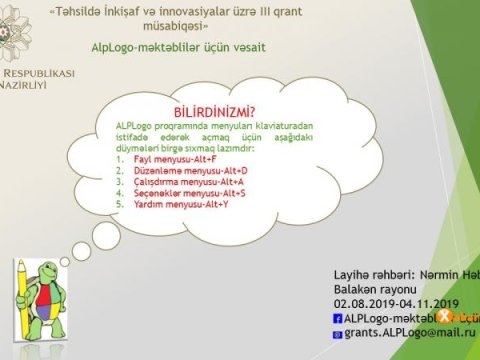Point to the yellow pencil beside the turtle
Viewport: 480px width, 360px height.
click(21, 296)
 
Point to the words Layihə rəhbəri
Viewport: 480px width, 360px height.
click(371, 273)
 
